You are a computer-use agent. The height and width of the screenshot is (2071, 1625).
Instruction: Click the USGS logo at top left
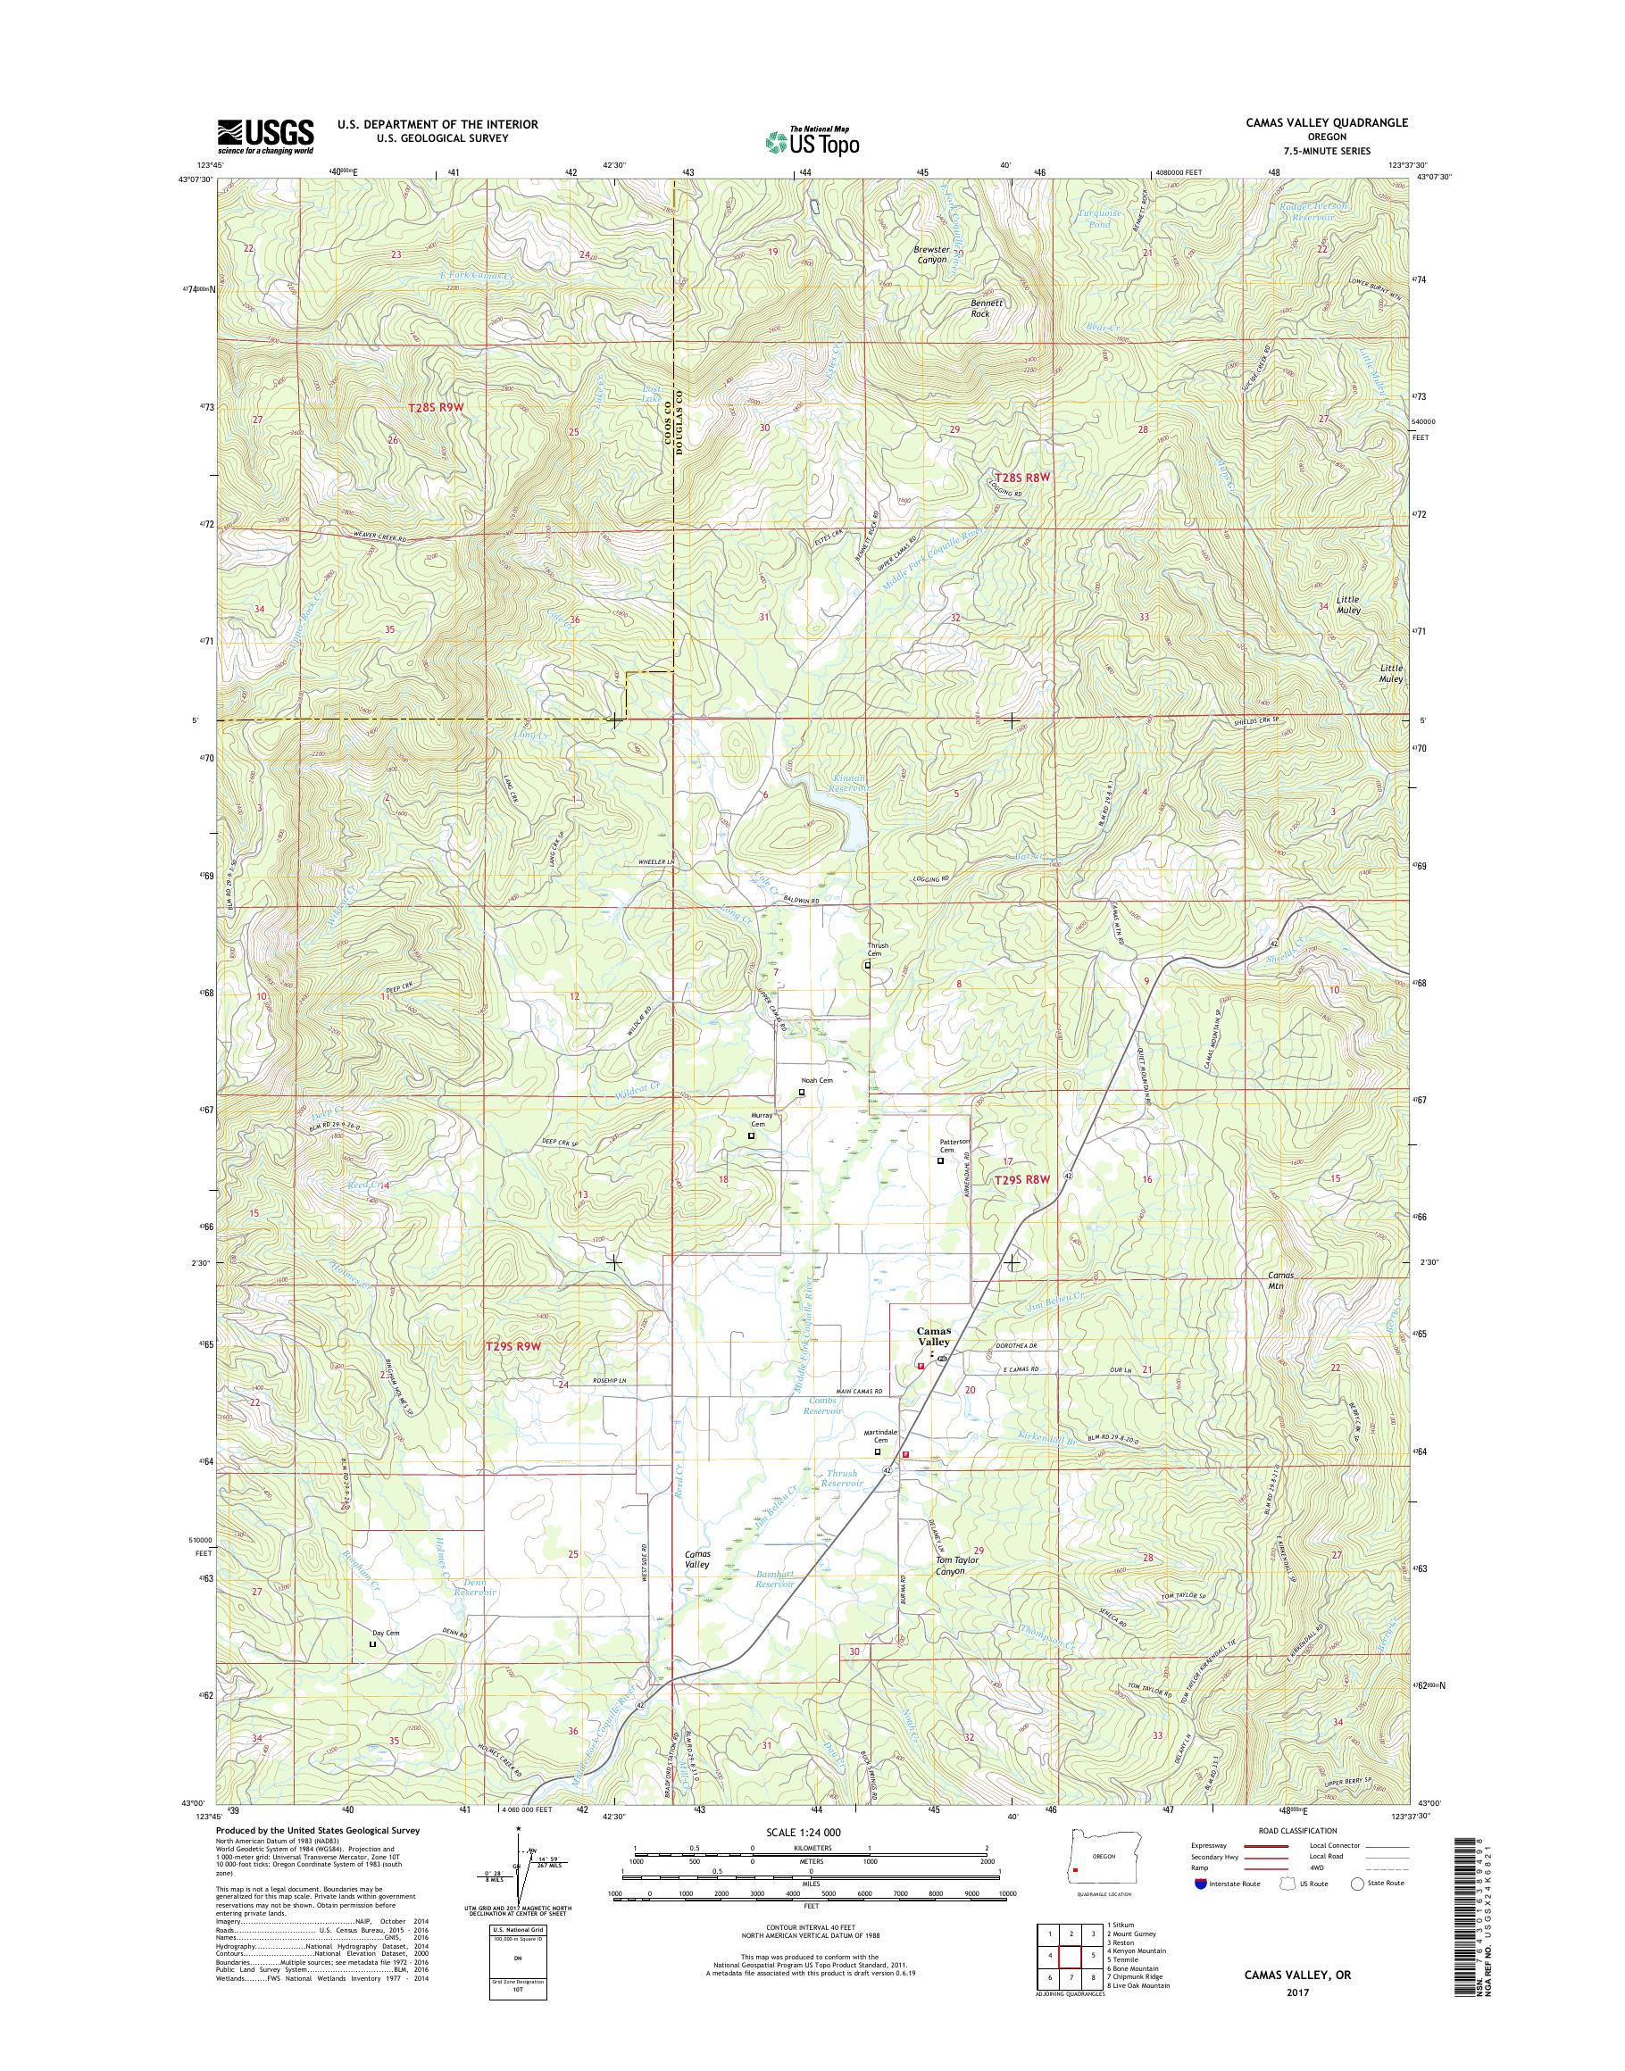(x=265, y=137)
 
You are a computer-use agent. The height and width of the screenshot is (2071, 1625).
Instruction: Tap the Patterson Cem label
(x=954, y=1145)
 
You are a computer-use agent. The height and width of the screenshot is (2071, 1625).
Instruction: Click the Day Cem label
(x=386, y=1634)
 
